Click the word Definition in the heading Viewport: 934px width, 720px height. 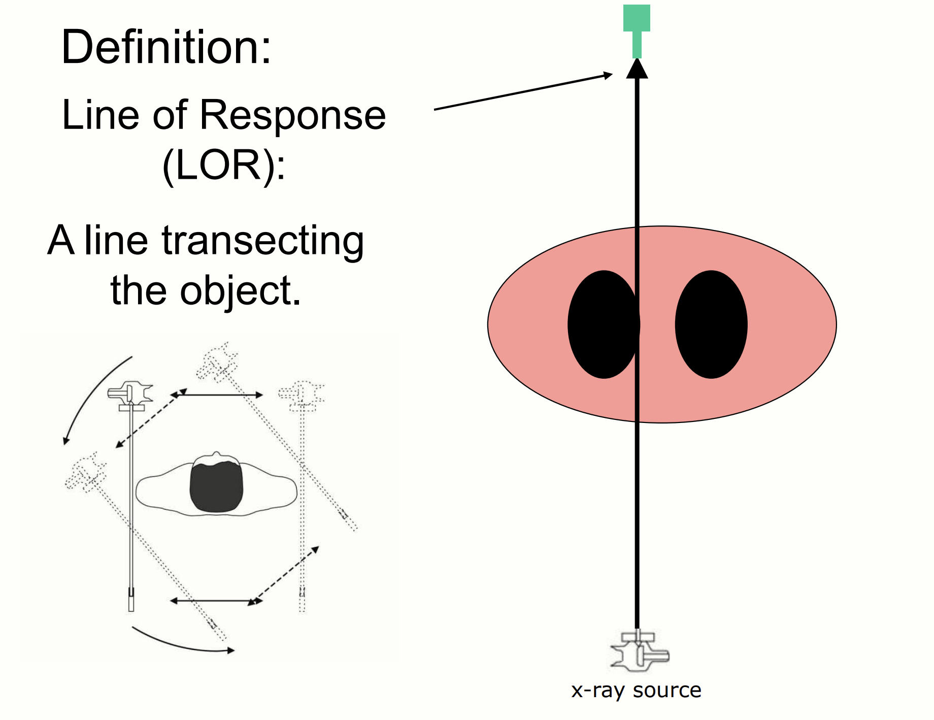point(165,47)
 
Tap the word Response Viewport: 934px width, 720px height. point(292,115)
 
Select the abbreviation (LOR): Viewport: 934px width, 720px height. point(223,166)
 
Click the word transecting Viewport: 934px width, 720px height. point(262,241)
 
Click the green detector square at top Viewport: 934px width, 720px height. point(637,18)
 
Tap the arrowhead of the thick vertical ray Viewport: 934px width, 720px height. point(637,69)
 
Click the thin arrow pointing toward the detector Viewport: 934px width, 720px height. point(523,92)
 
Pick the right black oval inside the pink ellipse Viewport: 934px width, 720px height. point(711,324)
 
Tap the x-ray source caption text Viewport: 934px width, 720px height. point(636,690)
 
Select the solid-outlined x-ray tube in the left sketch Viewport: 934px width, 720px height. point(130,394)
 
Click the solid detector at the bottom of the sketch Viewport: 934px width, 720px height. point(131,599)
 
